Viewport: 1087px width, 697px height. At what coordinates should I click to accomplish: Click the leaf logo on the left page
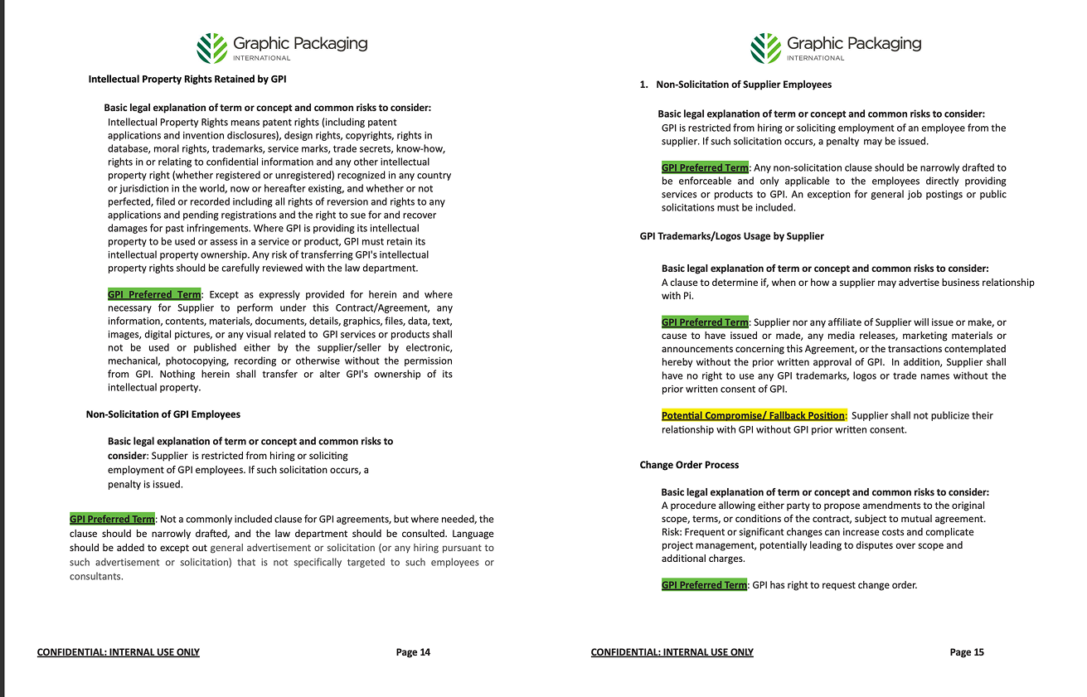pyautogui.click(x=211, y=48)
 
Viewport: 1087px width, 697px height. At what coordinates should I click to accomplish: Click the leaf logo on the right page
pyautogui.click(x=765, y=48)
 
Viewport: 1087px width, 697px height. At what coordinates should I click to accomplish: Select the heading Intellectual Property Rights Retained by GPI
pyautogui.click(x=187, y=80)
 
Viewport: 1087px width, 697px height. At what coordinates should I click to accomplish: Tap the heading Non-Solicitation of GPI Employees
pyautogui.click(x=163, y=414)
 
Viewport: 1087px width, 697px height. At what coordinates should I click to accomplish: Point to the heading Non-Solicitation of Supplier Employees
pyautogui.click(x=743, y=85)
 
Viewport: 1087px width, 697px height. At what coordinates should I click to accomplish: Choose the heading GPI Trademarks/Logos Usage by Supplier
pyautogui.click(x=731, y=236)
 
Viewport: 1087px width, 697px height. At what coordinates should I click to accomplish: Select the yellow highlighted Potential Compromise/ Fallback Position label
pyautogui.click(x=754, y=416)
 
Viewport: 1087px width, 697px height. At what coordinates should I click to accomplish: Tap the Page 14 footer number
pyautogui.click(x=413, y=652)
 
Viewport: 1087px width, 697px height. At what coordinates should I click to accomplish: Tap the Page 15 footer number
pyautogui.click(x=967, y=652)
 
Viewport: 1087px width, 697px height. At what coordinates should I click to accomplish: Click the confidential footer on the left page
pyautogui.click(x=119, y=652)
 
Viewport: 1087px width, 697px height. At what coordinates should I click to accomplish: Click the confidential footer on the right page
pyautogui.click(x=672, y=652)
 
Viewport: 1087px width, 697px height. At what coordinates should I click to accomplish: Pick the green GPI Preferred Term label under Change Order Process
pyautogui.click(x=705, y=585)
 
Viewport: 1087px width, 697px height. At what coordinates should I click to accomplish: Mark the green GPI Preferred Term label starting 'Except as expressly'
pyautogui.click(x=154, y=294)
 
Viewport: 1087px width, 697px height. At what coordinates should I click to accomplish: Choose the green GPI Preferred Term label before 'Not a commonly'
pyautogui.click(x=113, y=520)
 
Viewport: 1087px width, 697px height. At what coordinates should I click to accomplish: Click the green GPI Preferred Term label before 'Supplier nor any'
pyautogui.click(x=705, y=322)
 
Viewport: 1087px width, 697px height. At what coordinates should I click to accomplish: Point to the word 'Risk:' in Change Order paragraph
pyautogui.click(x=673, y=532)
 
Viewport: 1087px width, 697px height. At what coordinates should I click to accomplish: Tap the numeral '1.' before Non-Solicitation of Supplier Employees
pyautogui.click(x=643, y=85)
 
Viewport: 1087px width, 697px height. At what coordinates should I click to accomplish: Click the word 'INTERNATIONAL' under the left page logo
pyautogui.click(x=261, y=58)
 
